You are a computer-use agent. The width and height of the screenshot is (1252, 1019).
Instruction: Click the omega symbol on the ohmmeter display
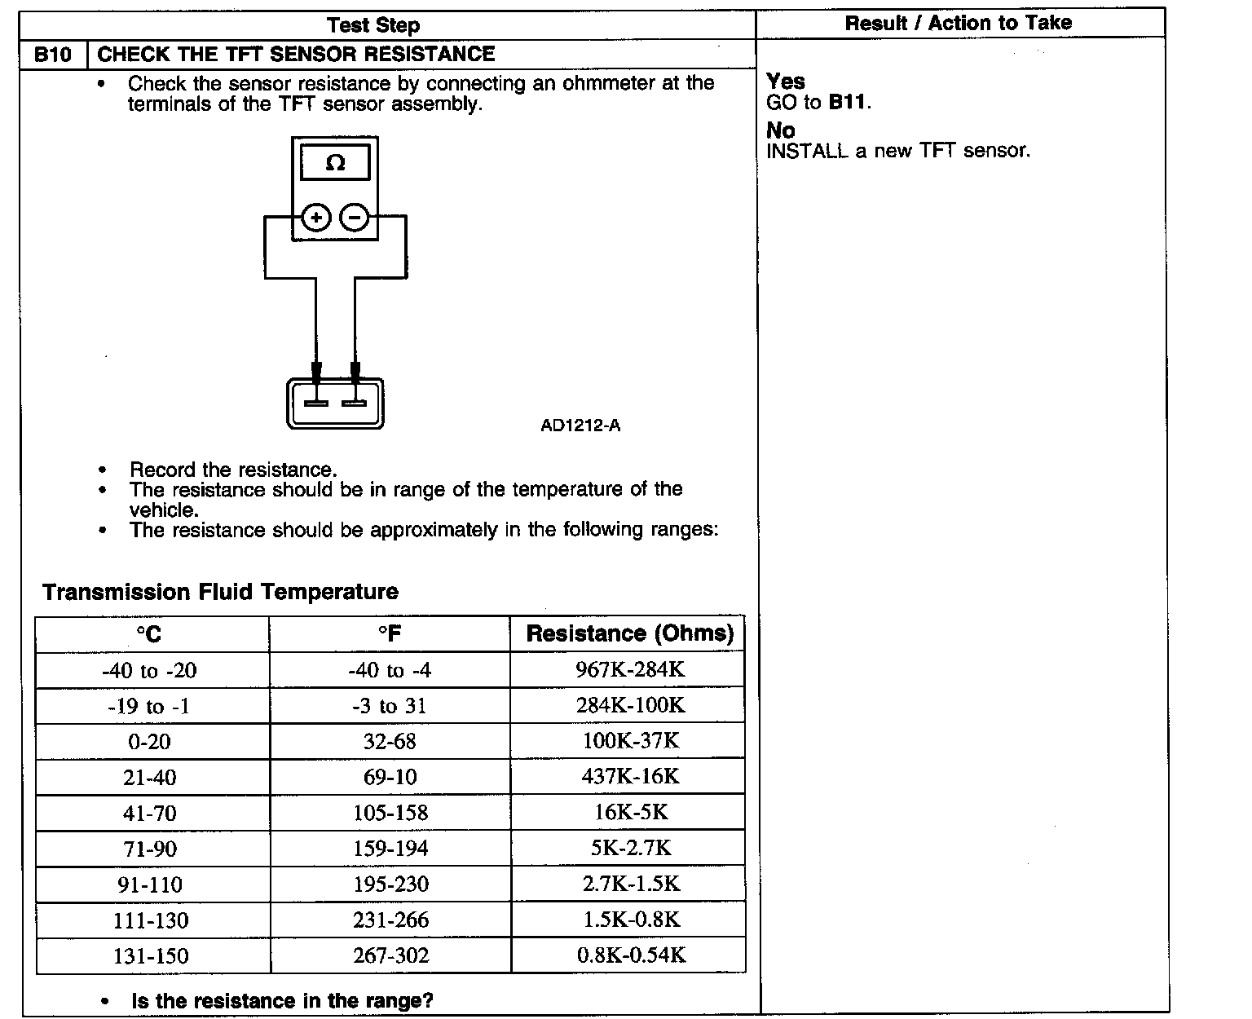(x=335, y=163)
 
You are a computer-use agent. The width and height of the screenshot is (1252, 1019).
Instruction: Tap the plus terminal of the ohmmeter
(x=316, y=218)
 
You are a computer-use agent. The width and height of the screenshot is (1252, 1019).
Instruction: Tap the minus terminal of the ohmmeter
(x=354, y=218)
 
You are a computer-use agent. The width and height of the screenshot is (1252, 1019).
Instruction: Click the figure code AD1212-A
(x=580, y=426)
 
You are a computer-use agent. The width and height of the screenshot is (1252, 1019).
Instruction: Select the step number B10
(x=53, y=55)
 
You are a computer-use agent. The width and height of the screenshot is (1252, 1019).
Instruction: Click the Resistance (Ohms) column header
(x=629, y=633)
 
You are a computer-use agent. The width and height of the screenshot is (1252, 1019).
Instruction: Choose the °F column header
(x=390, y=634)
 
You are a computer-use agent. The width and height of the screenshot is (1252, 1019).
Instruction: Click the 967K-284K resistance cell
(x=630, y=670)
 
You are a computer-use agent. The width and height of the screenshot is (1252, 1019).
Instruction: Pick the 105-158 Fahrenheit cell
(x=390, y=813)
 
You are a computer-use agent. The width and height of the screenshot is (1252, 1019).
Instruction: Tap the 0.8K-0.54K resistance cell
(x=631, y=955)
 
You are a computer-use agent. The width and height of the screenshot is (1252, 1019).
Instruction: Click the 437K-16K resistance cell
(x=630, y=776)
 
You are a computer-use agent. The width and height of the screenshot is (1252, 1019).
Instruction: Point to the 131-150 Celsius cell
(x=151, y=955)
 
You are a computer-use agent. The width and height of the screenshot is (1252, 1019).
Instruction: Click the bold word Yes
(x=786, y=82)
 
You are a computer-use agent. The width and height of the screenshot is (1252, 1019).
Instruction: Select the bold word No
(x=781, y=130)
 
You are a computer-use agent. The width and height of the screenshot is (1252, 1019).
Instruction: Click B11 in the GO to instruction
(x=847, y=103)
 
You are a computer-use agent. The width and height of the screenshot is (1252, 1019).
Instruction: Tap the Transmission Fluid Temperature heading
(x=220, y=592)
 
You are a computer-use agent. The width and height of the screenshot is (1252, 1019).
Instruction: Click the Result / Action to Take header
(x=959, y=23)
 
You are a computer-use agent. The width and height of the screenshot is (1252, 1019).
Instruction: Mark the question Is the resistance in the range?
(x=282, y=1001)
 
